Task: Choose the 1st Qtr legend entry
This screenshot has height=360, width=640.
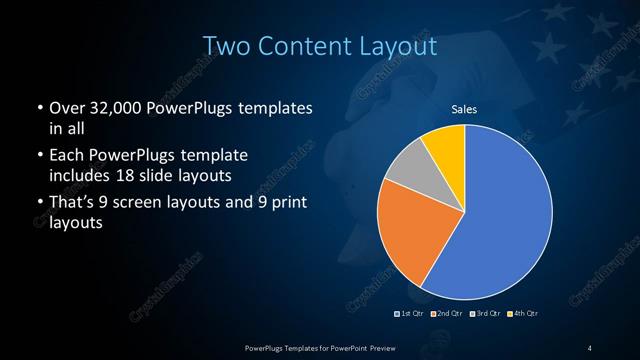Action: (412, 314)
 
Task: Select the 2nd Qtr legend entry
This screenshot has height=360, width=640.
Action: (448, 314)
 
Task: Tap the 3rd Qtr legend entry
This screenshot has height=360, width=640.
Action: (485, 314)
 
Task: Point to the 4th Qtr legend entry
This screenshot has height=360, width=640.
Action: (522, 314)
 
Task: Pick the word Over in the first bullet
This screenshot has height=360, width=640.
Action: (65, 108)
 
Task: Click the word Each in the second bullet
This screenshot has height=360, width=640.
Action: (65, 156)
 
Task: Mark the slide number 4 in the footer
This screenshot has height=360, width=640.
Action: (589, 347)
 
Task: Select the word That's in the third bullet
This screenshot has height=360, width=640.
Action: (72, 204)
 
